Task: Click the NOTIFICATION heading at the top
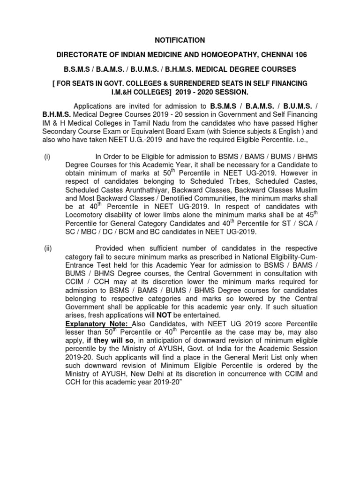click(x=180, y=41)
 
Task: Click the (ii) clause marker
click(x=47, y=248)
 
